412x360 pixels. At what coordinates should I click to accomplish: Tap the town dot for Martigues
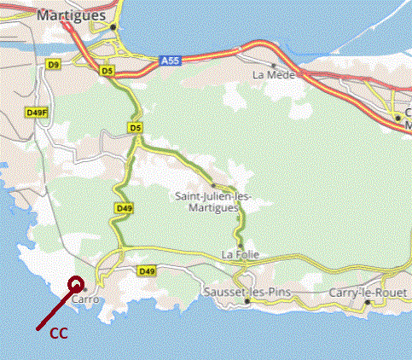click(113, 27)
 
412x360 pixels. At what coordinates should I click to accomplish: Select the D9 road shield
click(53, 64)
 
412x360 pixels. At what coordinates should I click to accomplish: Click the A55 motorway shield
click(169, 61)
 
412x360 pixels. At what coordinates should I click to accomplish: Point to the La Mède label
click(273, 74)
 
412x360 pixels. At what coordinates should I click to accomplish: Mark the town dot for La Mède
click(273, 64)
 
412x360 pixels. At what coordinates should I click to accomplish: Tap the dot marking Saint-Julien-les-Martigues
click(212, 184)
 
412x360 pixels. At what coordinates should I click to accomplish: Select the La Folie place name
click(239, 255)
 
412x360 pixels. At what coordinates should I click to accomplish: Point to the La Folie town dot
click(241, 246)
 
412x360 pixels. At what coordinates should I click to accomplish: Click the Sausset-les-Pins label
click(247, 293)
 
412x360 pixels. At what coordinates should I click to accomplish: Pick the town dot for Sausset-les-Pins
click(247, 301)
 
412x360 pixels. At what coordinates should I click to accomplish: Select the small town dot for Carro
click(96, 289)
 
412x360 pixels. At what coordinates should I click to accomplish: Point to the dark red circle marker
click(76, 285)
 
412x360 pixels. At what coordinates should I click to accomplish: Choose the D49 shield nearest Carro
click(147, 271)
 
